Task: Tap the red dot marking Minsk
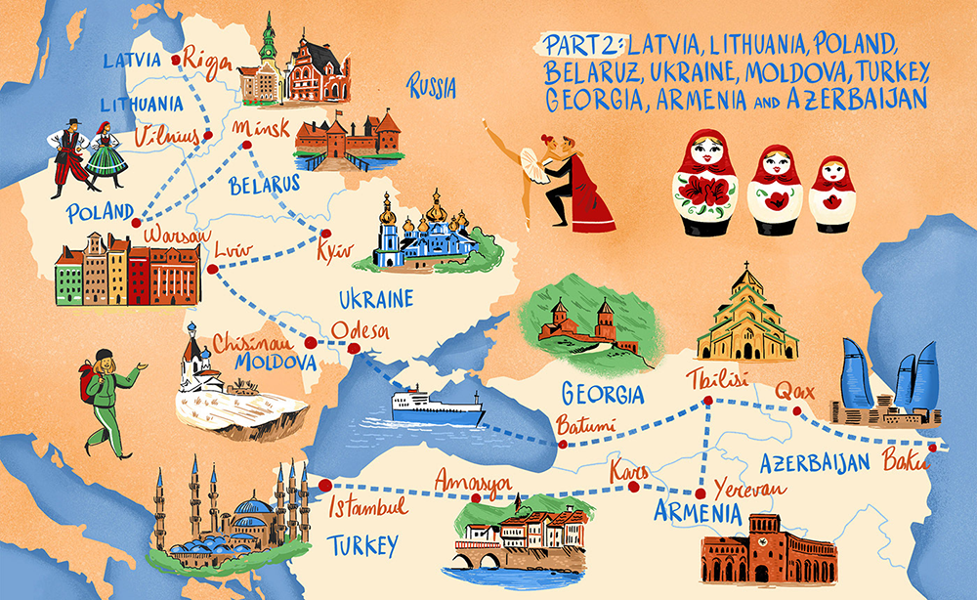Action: (246, 146)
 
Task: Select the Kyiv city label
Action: (333, 252)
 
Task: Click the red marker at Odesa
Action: (312, 344)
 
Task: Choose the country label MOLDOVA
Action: (275, 364)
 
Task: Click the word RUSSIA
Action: (433, 87)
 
